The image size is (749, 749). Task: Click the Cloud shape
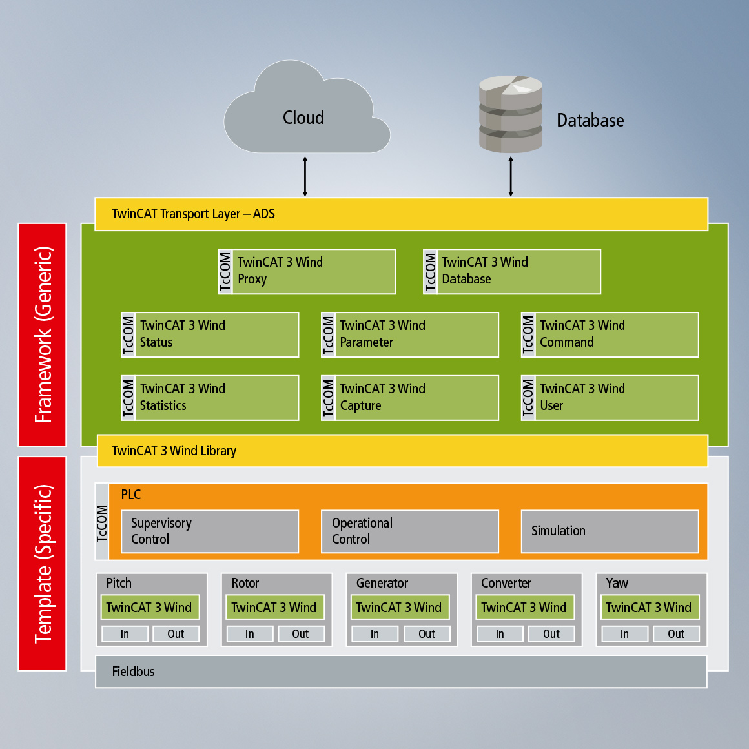[303, 116]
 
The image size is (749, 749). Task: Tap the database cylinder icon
[510, 114]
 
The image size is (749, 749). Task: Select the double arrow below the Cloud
[305, 176]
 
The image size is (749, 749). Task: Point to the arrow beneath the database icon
[511, 176]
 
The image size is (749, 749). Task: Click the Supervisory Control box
[210, 531]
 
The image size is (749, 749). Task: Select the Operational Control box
[410, 531]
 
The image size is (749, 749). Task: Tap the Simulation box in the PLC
[610, 531]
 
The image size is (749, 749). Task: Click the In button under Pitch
[125, 634]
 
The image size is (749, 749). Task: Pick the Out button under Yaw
[676, 634]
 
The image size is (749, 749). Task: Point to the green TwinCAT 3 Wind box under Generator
[398, 608]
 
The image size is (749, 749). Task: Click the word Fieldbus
[134, 672]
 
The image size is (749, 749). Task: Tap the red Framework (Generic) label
[43, 334]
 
